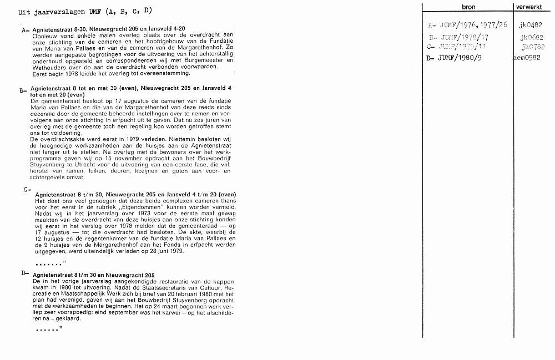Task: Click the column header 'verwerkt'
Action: point(528,7)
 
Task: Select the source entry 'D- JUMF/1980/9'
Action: point(453,58)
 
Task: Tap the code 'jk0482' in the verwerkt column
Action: point(530,25)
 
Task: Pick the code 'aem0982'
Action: point(527,58)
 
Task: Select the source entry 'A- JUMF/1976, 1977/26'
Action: point(467,25)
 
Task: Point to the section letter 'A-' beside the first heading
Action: point(25,31)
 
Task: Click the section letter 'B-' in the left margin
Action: point(23,90)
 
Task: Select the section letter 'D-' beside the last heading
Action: point(25,273)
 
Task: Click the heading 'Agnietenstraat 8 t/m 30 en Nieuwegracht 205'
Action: point(94,276)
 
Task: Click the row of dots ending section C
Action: point(50,262)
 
